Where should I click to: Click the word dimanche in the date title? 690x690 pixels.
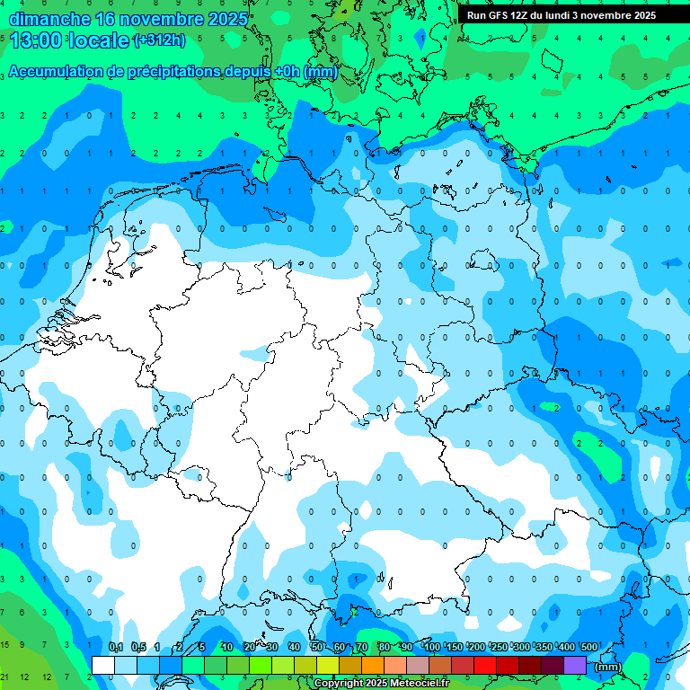pyautogui.click(x=49, y=19)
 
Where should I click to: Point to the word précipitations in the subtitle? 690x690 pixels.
pyautogui.click(x=172, y=72)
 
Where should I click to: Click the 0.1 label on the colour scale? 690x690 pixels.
pyautogui.click(x=116, y=647)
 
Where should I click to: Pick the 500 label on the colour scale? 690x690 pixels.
pyautogui.click(x=589, y=647)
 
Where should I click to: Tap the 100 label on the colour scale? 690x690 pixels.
pyautogui.click(x=431, y=647)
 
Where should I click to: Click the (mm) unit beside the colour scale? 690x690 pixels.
pyautogui.click(x=608, y=667)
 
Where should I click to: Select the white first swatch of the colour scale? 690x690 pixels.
pyautogui.click(x=103, y=665)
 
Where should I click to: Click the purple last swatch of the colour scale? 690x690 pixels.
pyautogui.click(x=575, y=665)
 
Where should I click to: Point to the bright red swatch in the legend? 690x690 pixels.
pyautogui.click(x=485, y=665)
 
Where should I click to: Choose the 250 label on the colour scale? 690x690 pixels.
pyautogui.click(x=499, y=647)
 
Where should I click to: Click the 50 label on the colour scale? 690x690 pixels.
pyautogui.click(x=317, y=647)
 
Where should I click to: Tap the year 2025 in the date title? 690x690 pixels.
pyautogui.click(x=228, y=19)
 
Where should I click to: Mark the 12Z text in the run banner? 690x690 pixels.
pyautogui.click(x=520, y=15)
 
